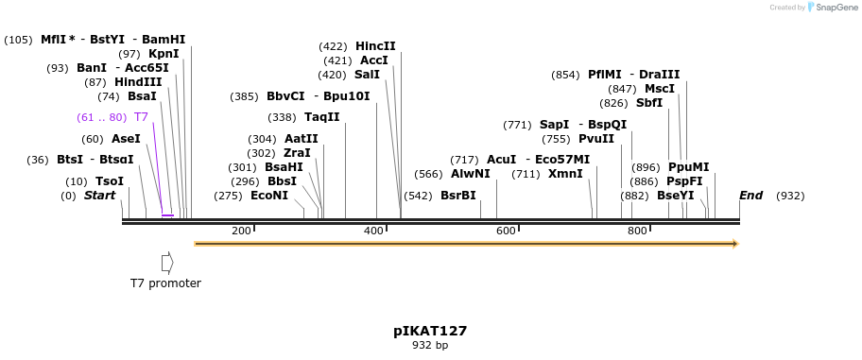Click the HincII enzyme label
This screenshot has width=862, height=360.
(375, 46)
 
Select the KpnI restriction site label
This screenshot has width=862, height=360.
(163, 54)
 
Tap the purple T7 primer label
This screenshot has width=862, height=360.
(141, 117)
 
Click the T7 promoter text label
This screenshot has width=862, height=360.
(165, 283)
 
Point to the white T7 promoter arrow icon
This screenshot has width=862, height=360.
(167, 262)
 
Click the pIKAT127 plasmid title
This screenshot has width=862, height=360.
(430, 331)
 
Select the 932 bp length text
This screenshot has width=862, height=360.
(430, 346)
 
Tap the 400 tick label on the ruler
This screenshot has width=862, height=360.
(373, 231)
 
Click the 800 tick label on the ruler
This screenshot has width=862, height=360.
(637, 231)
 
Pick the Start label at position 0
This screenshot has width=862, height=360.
(99, 196)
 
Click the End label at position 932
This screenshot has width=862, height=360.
(750, 196)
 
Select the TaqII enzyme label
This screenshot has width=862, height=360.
(321, 117)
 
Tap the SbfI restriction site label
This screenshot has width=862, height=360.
(648, 103)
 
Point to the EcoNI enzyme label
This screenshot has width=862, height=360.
(268, 196)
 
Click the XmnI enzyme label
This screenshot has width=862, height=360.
(565, 174)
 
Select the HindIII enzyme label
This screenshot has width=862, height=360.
(137, 82)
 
